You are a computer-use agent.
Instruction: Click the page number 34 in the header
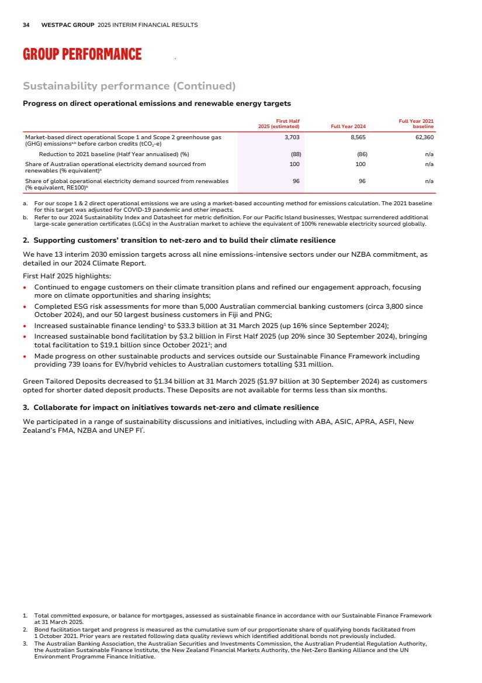[x=26, y=25]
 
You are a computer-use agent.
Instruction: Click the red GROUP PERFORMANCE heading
[x=82, y=54]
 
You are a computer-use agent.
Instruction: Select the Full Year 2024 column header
[x=348, y=126]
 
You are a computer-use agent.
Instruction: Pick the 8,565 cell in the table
[x=358, y=137]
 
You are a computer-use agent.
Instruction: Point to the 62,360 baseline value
[x=423, y=137]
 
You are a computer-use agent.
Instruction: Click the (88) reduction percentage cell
[x=295, y=154]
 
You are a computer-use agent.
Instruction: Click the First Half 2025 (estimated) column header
[x=279, y=123]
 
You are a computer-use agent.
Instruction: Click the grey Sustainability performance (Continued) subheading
[x=129, y=87]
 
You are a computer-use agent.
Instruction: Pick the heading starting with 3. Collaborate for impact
[x=171, y=407]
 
